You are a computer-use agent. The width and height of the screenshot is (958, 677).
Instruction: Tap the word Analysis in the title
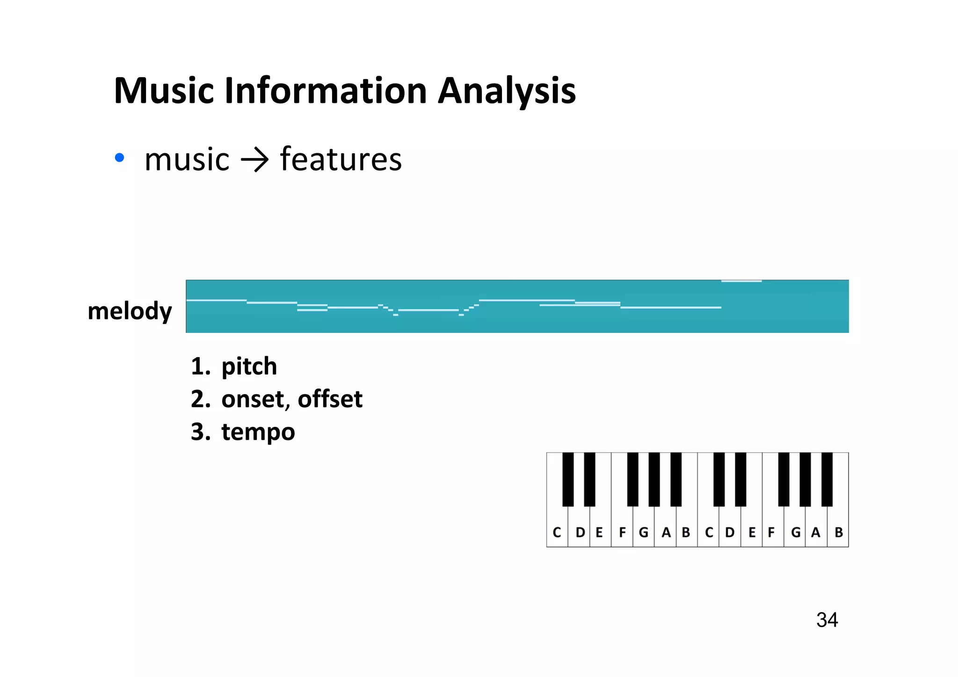coord(507,91)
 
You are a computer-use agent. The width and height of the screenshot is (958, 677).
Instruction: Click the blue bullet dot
coord(120,158)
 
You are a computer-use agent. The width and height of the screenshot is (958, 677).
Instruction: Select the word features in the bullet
coord(341,159)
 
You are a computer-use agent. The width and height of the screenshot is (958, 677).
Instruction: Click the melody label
coord(130,311)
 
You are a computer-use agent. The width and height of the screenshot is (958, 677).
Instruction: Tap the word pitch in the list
coord(249,366)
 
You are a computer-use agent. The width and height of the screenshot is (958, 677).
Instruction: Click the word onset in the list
coord(253,399)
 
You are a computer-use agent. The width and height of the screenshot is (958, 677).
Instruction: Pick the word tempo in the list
coord(258,432)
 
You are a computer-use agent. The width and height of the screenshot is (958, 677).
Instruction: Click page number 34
coord(827,620)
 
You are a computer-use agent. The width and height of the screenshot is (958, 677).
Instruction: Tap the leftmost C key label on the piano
coord(557,533)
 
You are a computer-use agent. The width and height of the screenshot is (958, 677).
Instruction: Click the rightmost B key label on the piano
coord(839,533)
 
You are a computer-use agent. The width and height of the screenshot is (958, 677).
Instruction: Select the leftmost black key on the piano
coord(568,479)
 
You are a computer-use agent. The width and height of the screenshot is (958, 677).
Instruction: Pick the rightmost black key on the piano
coord(827,479)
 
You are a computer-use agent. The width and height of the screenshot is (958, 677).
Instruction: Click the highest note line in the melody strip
coord(741,281)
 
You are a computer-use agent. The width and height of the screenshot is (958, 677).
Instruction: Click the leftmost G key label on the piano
coord(644,533)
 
